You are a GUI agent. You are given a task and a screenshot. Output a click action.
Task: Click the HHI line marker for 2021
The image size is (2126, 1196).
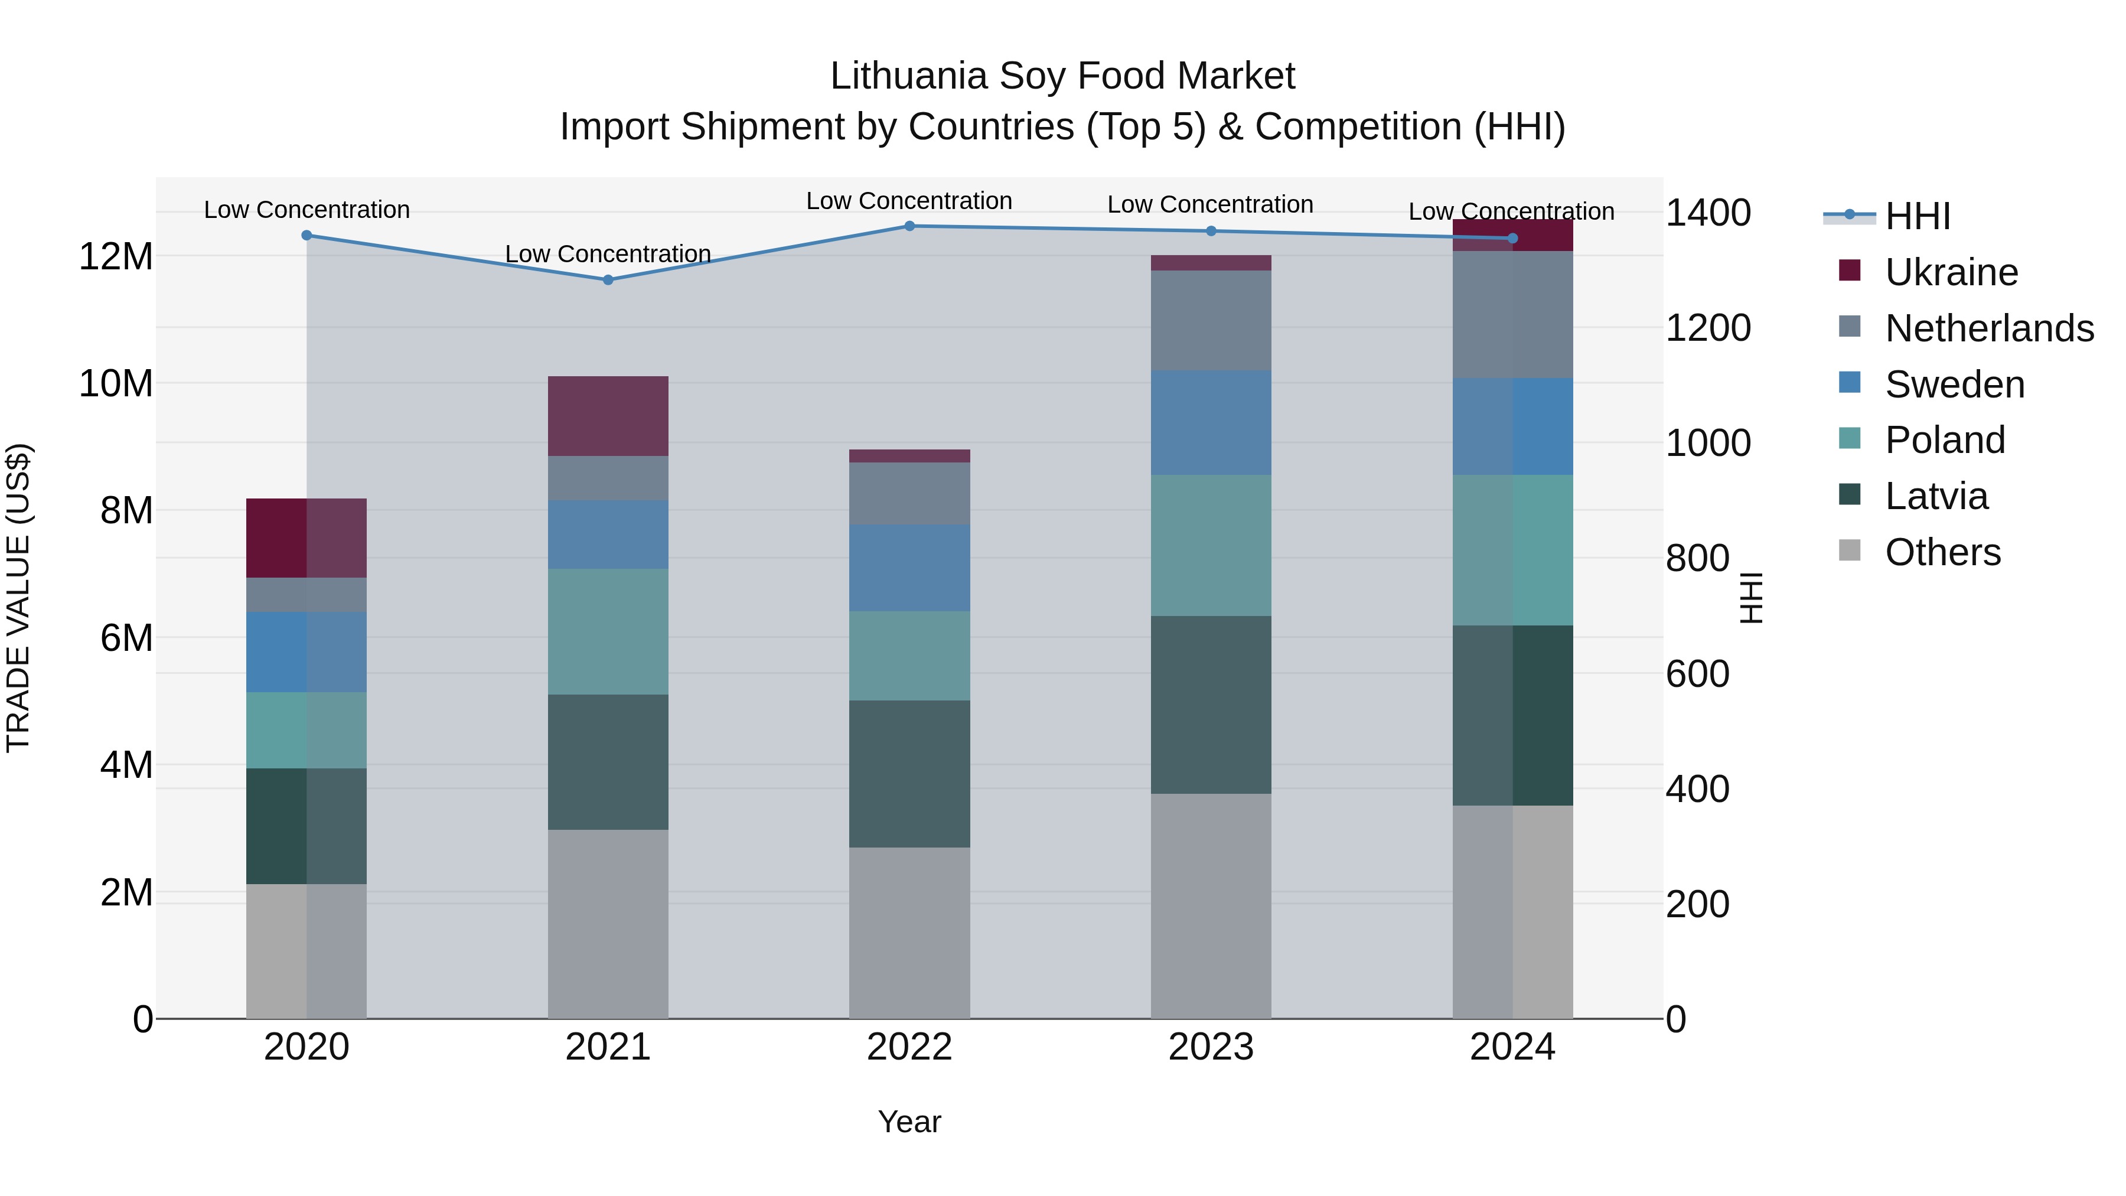click(x=608, y=280)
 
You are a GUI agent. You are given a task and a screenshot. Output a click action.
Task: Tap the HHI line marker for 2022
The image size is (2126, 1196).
click(x=909, y=226)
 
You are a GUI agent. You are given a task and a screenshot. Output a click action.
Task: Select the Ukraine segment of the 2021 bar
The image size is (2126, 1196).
click(x=608, y=416)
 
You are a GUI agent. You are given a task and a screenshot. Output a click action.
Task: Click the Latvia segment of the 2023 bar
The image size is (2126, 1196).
click(x=1211, y=705)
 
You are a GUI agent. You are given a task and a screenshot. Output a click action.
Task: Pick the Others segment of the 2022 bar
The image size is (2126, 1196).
click(x=909, y=933)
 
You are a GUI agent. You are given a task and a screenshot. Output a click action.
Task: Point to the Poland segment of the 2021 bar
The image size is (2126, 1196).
click(x=608, y=631)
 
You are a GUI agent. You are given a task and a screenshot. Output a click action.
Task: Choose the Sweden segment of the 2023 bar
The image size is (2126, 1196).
click(x=1211, y=423)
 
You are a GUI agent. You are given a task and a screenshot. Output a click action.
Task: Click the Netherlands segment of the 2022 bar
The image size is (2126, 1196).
click(x=909, y=494)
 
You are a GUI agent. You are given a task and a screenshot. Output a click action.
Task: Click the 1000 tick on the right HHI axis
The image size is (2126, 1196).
click(x=1707, y=443)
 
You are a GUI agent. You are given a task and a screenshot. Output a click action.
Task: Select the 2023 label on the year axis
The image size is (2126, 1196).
click(x=1211, y=1047)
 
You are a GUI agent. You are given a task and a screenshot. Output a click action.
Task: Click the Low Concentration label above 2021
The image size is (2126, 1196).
click(x=608, y=253)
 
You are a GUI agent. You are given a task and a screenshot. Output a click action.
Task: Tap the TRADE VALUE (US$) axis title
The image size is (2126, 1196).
click(x=18, y=598)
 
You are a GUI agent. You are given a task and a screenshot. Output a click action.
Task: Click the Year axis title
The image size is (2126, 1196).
click(x=909, y=1122)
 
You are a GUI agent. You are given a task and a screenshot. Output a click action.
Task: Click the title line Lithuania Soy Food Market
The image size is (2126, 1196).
click(x=1062, y=76)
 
